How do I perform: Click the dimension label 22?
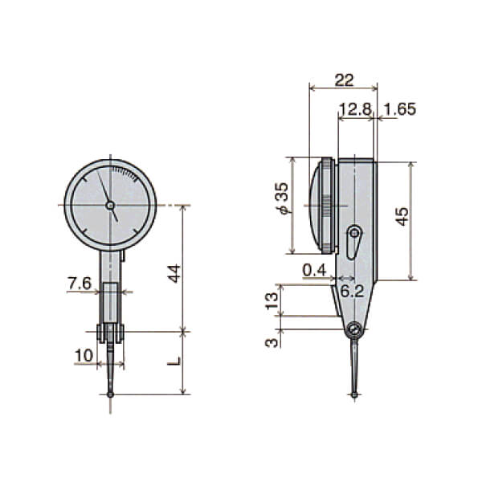click(345, 80)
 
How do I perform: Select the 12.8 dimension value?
click(355, 109)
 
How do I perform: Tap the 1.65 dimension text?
click(400, 109)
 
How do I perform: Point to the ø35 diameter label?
click(282, 198)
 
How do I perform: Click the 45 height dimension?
click(402, 217)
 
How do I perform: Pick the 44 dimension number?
click(174, 273)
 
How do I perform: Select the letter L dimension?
click(174, 361)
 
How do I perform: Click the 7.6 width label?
click(80, 283)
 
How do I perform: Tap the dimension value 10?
click(84, 356)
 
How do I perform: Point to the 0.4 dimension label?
click(314, 271)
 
